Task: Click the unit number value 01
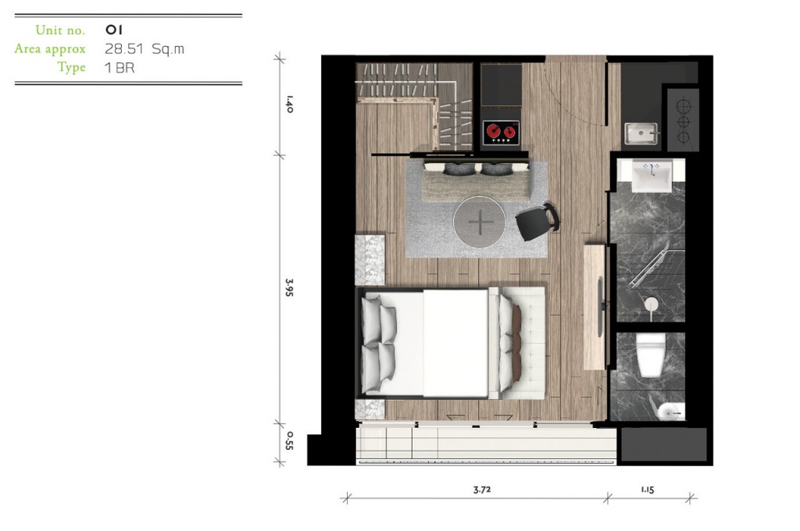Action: [x=114, y=30]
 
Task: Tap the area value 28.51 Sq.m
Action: [x=145, y=49]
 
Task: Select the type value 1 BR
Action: [x=120, y=67]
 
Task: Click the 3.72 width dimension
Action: [x=481, y=490]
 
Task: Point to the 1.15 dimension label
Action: [x=648, y=490]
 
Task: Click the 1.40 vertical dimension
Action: [x=289, y=104]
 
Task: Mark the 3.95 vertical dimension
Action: [x=289, y=287]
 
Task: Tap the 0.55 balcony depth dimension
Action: [x=289, y=440]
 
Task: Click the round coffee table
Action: [x=479, y=222]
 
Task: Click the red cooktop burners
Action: [x=501, y=132]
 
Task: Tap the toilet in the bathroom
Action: [x=651, y=354]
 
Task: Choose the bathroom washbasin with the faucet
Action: [x=651, y=176]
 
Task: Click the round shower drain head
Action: [x=652, y=304]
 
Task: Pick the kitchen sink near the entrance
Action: [x=641, y=133]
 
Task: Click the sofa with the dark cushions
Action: [x=477, y=181]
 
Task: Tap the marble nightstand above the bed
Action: [x=370, y=259]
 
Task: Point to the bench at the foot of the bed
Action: [x=517, y=343]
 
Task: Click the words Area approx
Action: [x=50, y=49]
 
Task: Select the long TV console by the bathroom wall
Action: [x=595, y=307]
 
